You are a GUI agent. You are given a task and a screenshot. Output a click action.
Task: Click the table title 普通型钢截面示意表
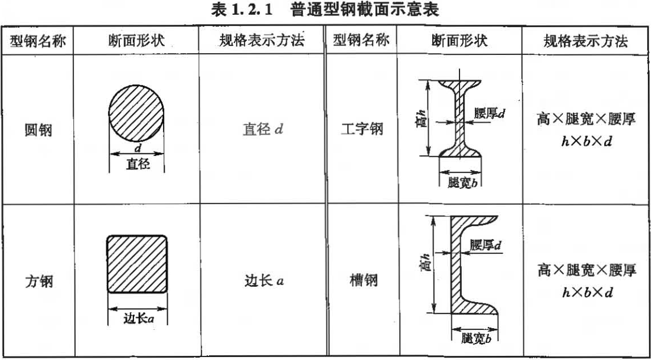(x=364, y=10)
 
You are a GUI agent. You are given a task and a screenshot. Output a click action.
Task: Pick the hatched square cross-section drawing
(x=137, y=264)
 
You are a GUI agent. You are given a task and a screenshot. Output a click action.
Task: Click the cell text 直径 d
(x=262, y=130)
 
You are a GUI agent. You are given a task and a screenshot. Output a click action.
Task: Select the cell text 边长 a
(x=262, y=281)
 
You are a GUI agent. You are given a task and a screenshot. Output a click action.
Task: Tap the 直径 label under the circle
(x=138, y=165)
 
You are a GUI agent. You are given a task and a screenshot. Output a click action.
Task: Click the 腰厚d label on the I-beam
(x=489, y=113)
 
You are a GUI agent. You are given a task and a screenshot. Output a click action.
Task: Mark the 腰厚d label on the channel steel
(x=485, y=246)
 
